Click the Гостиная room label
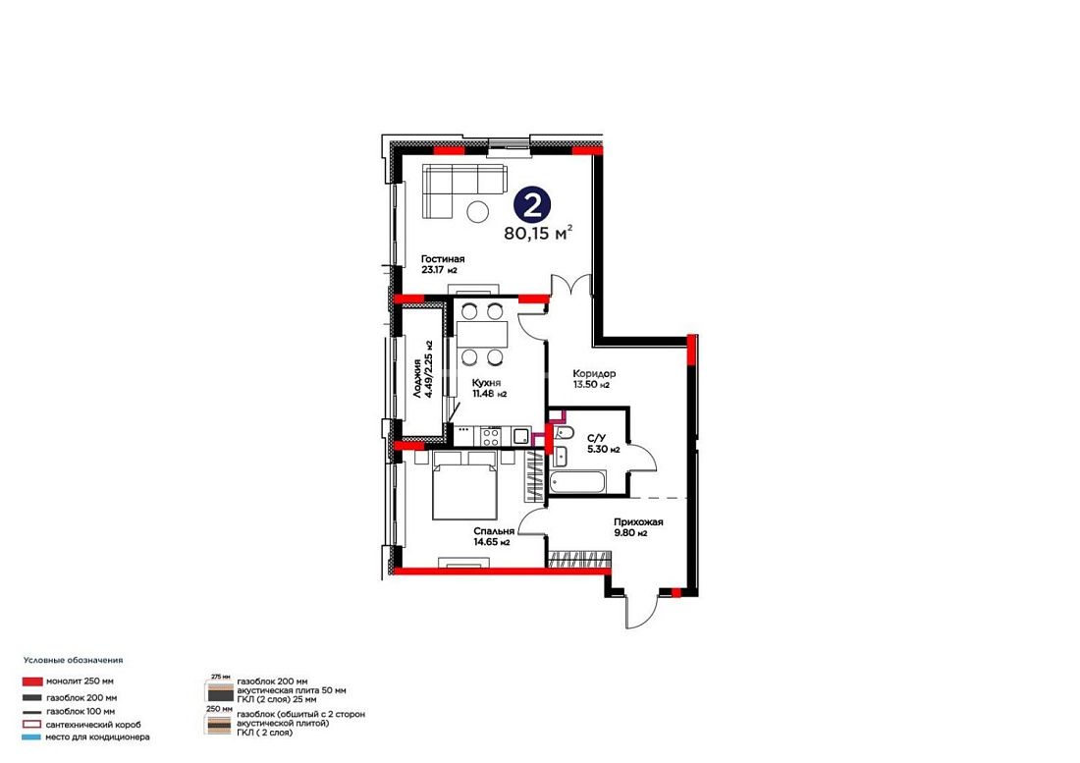pos(443,259)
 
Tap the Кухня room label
pos(486,383)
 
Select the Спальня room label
pos(494,531)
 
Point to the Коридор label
pos(594,374)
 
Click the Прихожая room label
pos(638,522)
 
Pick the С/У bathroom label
pos(596,438)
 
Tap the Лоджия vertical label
pos(417,378)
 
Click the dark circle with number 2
pos(532,204)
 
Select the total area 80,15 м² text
pos(538,233)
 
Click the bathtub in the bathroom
pos(577,480)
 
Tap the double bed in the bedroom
pos(465,485)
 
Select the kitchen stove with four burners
pos(490,436)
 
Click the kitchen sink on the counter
pos(520,435)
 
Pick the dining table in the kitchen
pos(482,334)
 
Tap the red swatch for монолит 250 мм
pos(32,681)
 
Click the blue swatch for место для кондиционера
pos(32,736)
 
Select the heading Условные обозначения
pos(73,660)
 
